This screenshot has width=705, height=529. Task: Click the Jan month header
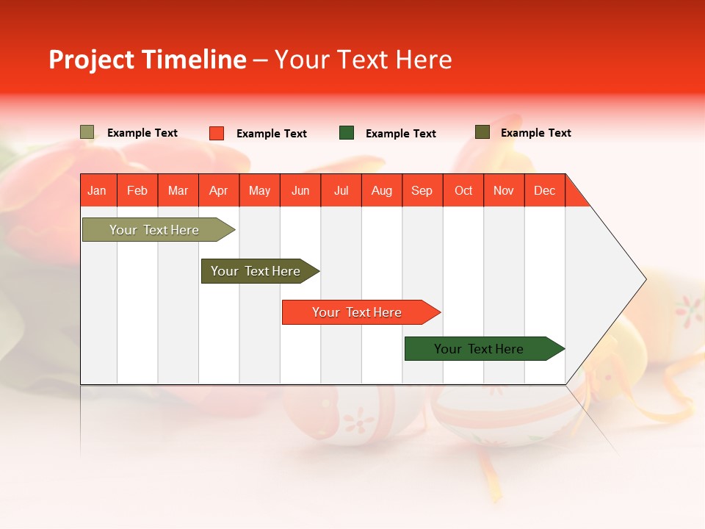(98, 190)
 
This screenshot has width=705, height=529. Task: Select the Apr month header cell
(219, 190)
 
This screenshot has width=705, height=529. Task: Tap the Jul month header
(341, 190)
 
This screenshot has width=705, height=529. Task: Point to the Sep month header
(422, 190)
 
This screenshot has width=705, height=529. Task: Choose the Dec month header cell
(544, 190)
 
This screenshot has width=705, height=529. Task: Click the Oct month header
(463, 190)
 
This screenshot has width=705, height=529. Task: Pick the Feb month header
(137, 190)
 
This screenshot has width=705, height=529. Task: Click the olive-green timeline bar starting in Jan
(154, 230)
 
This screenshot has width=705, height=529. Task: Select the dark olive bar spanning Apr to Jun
(256, 271)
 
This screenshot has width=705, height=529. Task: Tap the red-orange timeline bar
(357, 312)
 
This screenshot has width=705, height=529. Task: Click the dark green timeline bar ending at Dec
(479, 349)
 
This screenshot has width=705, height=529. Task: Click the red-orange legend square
(217, 133)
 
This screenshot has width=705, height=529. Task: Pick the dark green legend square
(347, 133)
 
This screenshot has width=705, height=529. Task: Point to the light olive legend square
(87, 132)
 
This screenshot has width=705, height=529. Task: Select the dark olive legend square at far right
(482, 132)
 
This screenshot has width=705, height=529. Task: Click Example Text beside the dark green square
(400, 134)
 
